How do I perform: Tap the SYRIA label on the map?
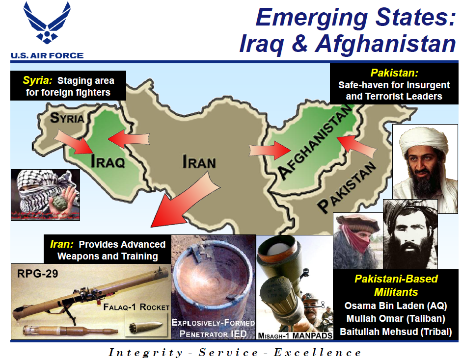click(x=67, y=118)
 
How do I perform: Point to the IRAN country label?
click(x=199, y=161)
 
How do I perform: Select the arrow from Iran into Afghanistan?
click(x=268, y=149)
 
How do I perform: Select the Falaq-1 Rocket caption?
click(x=136, y=308)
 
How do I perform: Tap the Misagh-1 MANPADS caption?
click(x=296, y=335)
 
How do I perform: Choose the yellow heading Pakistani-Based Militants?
click(x=396, y=285)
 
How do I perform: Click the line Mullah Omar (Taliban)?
click(x=396, y=318)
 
